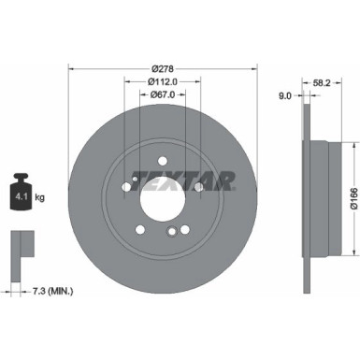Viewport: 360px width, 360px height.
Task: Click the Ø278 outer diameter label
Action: (163, 67)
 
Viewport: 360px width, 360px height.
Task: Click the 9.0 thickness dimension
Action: (284, 94)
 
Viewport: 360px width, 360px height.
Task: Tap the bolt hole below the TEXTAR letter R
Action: (198, 188)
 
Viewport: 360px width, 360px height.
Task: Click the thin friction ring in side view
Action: (307, 198)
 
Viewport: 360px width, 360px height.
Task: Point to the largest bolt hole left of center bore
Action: (126, 188)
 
